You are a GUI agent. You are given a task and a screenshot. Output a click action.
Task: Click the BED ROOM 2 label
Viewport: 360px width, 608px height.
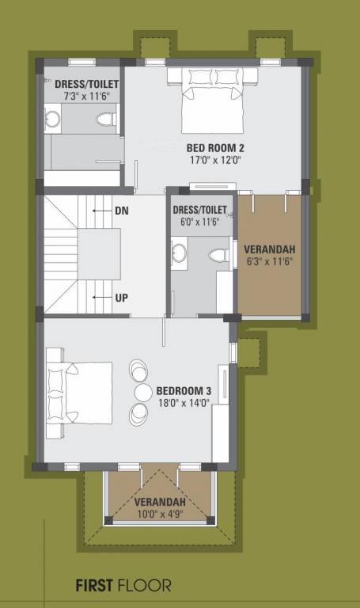[214, 147]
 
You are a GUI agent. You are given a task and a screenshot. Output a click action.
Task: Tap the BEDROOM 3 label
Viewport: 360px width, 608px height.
[184, 391]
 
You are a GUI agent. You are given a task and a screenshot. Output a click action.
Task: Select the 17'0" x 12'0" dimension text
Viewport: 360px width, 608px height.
[214, 159]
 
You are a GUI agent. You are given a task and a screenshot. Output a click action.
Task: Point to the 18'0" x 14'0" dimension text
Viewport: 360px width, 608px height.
[183, 403]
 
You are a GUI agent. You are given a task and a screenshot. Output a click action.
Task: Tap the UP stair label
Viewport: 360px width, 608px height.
[122, 298]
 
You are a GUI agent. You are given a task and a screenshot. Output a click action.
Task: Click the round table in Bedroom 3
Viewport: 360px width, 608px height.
[143, 393]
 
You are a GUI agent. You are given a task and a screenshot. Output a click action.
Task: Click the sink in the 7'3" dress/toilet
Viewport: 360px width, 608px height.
[53, 120]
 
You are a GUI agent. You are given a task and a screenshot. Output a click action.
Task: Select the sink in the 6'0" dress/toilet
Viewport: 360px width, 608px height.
[179, 254]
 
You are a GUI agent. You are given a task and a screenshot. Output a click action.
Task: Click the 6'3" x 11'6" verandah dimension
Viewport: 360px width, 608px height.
[271, 262]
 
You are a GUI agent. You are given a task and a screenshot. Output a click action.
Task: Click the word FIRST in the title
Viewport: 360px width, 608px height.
[94, 586]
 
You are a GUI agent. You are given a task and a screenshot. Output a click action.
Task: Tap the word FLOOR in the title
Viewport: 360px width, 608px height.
[144, 586]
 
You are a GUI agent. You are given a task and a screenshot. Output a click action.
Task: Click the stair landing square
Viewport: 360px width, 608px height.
[99, 254]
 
